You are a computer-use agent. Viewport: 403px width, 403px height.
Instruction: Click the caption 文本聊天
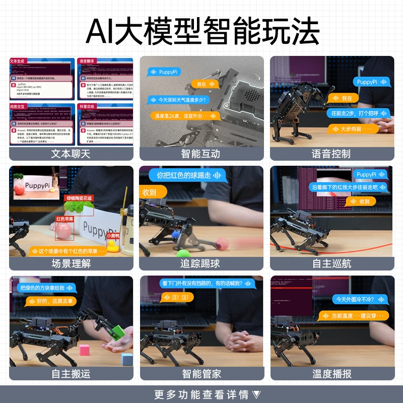pyautogui.click(x=71, y=154)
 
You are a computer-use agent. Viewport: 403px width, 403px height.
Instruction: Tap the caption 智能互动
pyautogui.click(x=200, y=154)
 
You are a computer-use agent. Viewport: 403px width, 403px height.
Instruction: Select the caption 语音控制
pyautogui.click(x=331, y=154)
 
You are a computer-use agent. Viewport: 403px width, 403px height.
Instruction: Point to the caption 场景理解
pyautogui.click(x=71, y=263)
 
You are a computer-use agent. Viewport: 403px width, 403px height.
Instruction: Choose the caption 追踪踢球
pyautogui.click(x=200, y=263)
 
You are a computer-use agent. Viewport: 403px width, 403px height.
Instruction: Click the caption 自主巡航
pyautogui.click(x=331, y=263)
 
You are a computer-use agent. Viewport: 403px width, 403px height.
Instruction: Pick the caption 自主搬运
pyautogui.click(x=71, y=373)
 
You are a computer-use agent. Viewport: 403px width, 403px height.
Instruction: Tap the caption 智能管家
pyautogui.click(x=200, y=373)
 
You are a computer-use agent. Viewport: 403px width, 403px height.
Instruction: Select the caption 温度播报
pyautogui.click(x=331, y=373)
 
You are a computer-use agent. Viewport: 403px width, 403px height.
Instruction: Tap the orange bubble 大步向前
pyautogui.click(x=353, y=129)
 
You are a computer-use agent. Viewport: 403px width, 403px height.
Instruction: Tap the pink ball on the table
pyautogui.click(x=222, y=244)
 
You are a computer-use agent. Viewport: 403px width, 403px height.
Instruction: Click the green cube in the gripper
pyautogui.click(x=118, y=331)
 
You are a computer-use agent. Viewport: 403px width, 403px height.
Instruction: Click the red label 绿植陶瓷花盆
pyautogui.click(x=80, y=198)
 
